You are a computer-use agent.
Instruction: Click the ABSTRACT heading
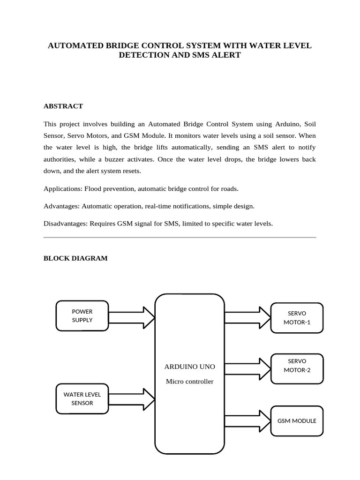coord(63,106)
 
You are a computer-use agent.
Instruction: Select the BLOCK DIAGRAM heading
coord(75,258)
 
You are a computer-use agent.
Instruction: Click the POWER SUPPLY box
coord(82,316)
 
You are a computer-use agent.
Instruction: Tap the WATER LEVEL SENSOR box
coord(82,399)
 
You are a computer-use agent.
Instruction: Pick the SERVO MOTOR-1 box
coord(297,318)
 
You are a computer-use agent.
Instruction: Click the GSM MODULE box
coord(297,421)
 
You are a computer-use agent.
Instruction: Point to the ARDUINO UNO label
coord(189,366)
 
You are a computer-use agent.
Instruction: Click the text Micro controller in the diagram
coord(189,382)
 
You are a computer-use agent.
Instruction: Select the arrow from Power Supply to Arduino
coord(131,318)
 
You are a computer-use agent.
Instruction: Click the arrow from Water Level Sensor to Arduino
coord(131,398)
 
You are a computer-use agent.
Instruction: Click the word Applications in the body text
coord(62,189)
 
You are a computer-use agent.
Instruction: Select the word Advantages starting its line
coord(61,206)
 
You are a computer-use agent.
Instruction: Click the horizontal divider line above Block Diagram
coord(180,238)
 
